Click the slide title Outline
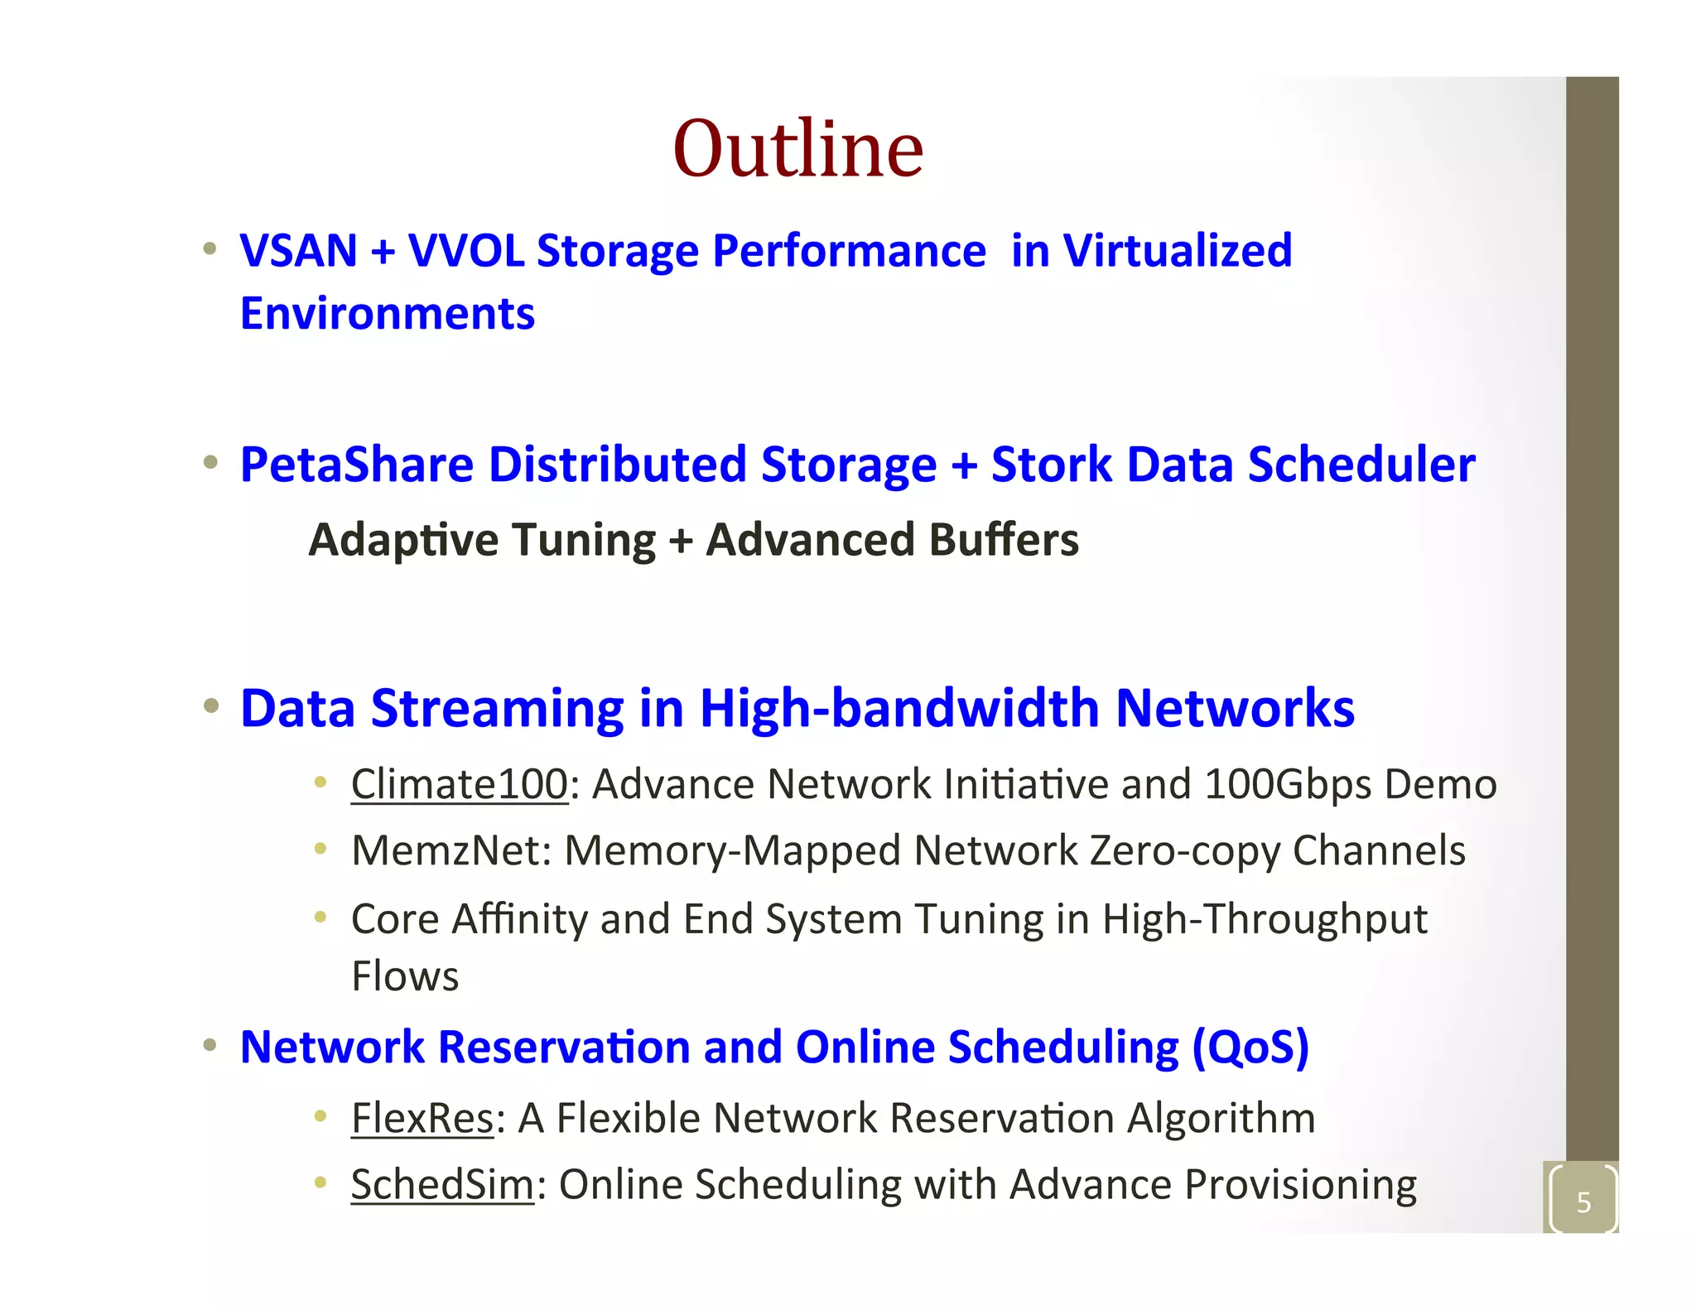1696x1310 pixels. [x=797, y=149]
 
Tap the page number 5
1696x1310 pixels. [x=1583, y=1202]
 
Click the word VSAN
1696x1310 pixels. [x=298, y=251]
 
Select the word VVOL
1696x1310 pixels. [x=466, y=251]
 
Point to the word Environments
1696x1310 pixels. [x=387, y=314]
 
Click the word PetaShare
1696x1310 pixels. [x=356, y=465]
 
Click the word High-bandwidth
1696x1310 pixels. [x=899, y=709]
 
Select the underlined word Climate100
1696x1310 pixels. [x=460, y=784]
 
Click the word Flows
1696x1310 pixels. [x=405, y=976]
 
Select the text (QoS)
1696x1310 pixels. [x=1250, y=1048]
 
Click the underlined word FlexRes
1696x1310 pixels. [x=422, y=1119]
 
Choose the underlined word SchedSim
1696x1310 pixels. [x=442, y=1185]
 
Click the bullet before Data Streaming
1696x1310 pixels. [x=211, y=706]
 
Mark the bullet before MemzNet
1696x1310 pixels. [x=320, y=848]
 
